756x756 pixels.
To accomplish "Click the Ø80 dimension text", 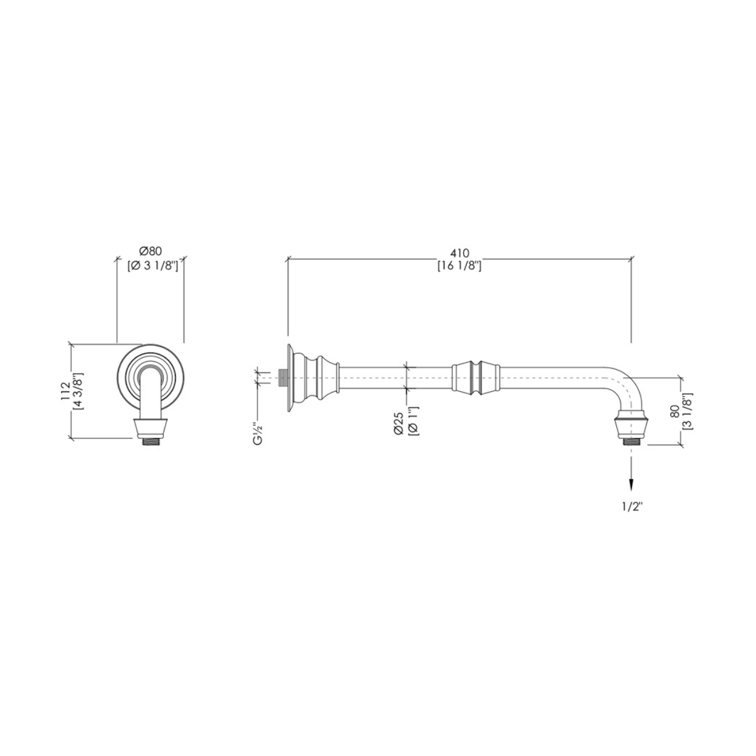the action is (x=150, y=251).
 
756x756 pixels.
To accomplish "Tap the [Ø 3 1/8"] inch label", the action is (x=152, y=266).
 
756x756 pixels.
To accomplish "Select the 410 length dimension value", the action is (x=460, y=253).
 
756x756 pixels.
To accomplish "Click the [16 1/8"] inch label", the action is (x=460, y=266).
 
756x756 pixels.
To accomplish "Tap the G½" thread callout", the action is (x=258, y=434).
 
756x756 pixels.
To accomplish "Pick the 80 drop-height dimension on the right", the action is (x=674, y=411).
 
